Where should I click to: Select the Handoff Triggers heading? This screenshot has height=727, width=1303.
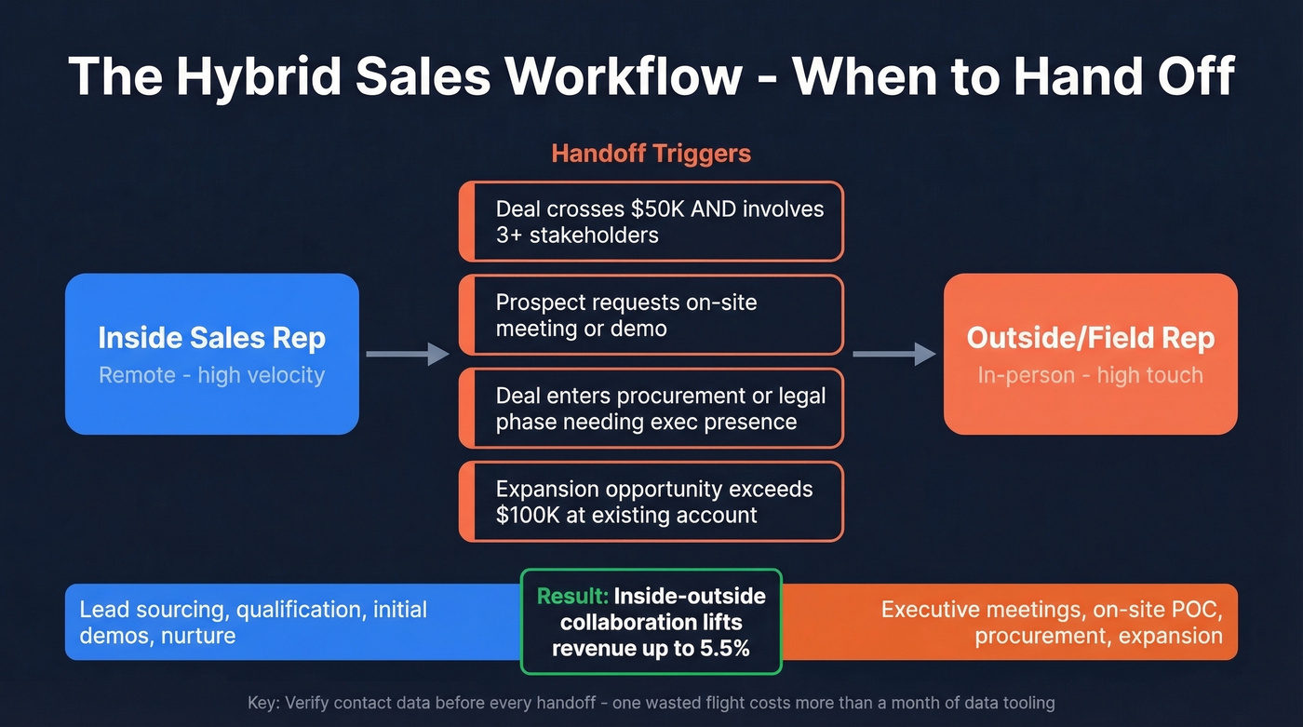(651, 153)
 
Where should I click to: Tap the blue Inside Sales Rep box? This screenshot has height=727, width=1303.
(211, 354)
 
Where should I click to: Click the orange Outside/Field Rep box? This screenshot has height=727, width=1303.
(1090, 354)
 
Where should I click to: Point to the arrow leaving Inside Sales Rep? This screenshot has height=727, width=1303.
(408, 354)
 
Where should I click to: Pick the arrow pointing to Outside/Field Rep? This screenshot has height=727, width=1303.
(894, 354)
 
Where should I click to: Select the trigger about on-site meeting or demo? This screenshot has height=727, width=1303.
(651, 315)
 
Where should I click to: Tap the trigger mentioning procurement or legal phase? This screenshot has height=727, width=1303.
(651, 408)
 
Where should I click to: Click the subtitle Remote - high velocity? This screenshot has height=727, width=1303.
(211, 375)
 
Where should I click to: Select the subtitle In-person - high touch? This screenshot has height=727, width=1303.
(1090, 375)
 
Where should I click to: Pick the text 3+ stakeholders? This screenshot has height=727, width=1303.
(577, 235)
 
